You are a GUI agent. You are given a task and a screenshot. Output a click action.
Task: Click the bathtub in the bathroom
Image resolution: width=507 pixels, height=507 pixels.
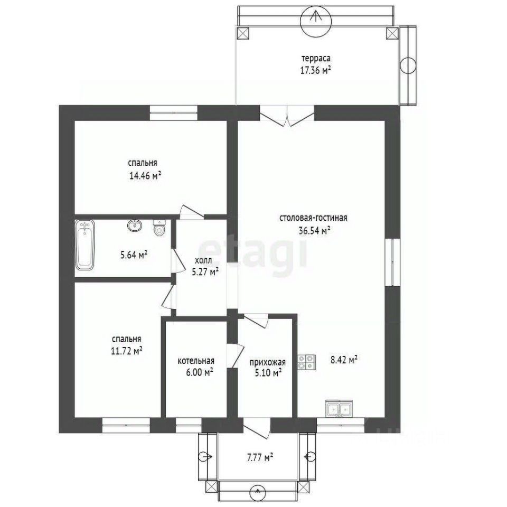[84, 245]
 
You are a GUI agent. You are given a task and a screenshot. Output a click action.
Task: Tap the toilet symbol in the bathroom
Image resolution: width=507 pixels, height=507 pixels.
[159, 228]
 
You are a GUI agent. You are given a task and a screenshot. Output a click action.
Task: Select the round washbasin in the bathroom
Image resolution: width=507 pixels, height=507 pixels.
[135, 226]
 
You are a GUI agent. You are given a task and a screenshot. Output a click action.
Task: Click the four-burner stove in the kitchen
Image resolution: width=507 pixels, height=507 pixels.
[306, 362]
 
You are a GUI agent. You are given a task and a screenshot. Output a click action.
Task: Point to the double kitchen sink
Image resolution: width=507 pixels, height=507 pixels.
[339, 409]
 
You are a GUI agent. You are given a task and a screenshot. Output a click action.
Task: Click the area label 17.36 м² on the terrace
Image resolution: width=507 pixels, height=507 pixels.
[316, 70]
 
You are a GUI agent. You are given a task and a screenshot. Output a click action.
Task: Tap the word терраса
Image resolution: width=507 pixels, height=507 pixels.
[316, 59]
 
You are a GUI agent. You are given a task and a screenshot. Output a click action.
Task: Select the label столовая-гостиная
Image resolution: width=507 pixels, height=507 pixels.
[313, 218]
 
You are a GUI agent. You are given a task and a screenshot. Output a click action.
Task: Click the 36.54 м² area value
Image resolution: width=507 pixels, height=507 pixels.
[314, 230]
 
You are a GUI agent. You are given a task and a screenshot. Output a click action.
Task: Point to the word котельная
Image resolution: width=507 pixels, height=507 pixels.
[196, 361]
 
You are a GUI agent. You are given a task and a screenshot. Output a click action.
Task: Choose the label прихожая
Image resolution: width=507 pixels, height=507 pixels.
[268, 362]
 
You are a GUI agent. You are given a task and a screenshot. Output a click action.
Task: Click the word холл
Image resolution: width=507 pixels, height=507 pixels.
[203, 260]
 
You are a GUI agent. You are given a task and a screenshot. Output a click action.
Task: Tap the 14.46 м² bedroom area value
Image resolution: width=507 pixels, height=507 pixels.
[145, 175]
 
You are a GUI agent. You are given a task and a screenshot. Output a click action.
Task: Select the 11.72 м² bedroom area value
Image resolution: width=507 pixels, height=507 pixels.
[127, 351]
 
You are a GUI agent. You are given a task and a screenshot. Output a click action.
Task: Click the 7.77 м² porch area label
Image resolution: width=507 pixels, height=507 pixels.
[260, 457]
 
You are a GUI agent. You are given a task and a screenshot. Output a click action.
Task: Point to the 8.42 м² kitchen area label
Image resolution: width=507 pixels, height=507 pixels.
[344, 360]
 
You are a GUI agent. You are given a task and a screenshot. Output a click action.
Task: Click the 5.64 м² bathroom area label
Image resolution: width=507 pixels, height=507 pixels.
[134, 255]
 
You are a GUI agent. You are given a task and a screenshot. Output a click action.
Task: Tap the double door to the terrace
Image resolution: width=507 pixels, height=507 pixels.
[287, 116]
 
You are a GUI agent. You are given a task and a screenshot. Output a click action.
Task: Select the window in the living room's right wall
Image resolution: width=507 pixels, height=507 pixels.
[392, 262]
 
